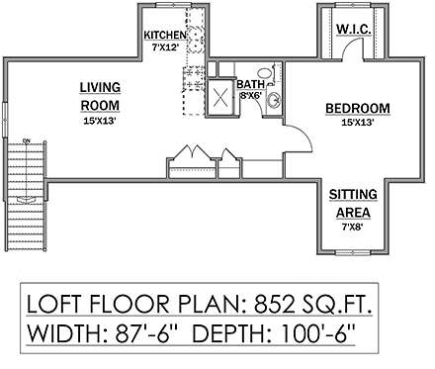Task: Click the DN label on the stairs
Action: pos(26,139)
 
